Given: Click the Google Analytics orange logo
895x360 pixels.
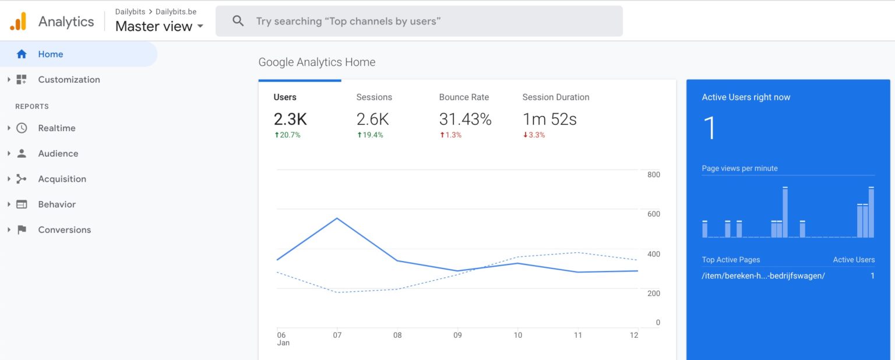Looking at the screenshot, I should coord(18,22).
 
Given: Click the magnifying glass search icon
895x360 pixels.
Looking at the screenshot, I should coord(238,21).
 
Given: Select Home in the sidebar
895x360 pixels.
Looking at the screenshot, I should coord(51,54).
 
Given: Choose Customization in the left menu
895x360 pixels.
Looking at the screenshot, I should coord(69,80).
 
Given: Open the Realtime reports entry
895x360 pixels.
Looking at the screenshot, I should coord(57,128).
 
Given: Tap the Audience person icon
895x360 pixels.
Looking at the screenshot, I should coord(22,154).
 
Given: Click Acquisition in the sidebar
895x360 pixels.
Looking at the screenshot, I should coord(62,179).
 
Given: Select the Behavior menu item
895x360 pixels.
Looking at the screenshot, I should coord(57,204).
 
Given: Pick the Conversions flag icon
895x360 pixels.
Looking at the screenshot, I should coord(22,230).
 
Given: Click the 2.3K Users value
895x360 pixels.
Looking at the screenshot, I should coord(290,119).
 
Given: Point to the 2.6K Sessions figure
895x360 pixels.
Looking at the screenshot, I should coord(372,119).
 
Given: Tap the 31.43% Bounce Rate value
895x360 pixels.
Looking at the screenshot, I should coord(465,119).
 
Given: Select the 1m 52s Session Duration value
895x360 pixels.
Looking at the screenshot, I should coord(549,119).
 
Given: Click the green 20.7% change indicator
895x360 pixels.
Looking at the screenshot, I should coord(287,135).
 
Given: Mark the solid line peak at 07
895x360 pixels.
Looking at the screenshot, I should coord(337,218).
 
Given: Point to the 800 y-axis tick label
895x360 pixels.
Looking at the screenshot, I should coord(653,175).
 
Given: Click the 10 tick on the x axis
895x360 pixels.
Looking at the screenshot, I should coord(517,335).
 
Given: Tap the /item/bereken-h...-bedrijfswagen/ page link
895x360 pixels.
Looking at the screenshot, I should coord(763,276).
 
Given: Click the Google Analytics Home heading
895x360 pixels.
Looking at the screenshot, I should coord(317,62).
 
